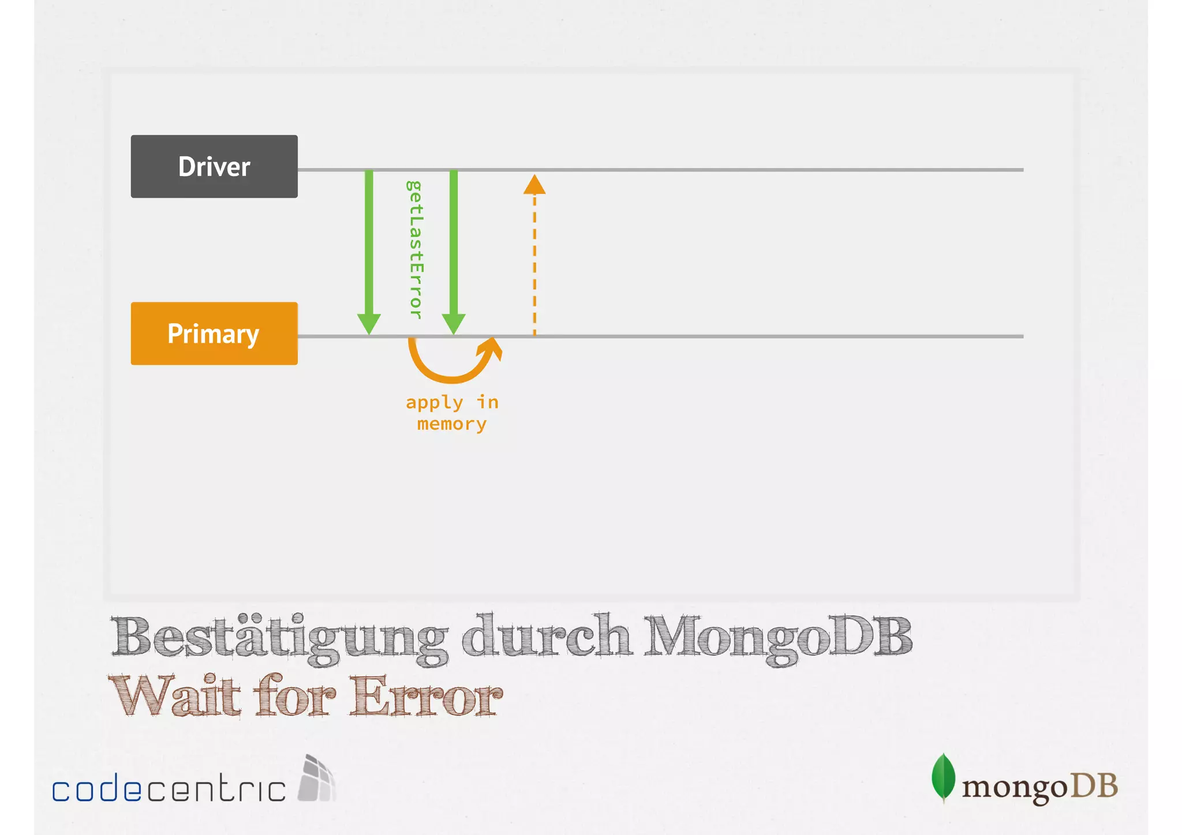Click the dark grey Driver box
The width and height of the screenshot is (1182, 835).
(214, 167)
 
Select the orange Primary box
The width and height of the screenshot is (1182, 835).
(214, 334)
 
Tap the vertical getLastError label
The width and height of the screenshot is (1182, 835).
(414, 250)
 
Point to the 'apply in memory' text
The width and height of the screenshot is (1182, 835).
(452, 413)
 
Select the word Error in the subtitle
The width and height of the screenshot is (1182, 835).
(427, 696)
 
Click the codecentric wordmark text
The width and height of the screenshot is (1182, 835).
(169, 789)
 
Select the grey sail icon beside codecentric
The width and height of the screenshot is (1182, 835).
(316, 779)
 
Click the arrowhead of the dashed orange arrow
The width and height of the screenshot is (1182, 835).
(534, 185)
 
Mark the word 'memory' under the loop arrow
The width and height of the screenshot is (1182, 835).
(452, 424)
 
